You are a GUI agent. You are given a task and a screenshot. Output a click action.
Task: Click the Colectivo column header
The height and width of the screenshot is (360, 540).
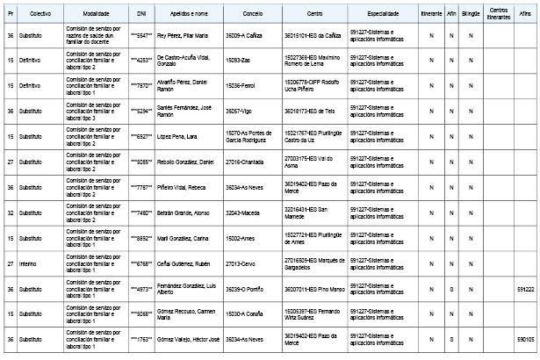coord(40,16)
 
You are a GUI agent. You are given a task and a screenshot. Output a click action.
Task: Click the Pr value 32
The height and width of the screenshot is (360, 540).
coord(10,212)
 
